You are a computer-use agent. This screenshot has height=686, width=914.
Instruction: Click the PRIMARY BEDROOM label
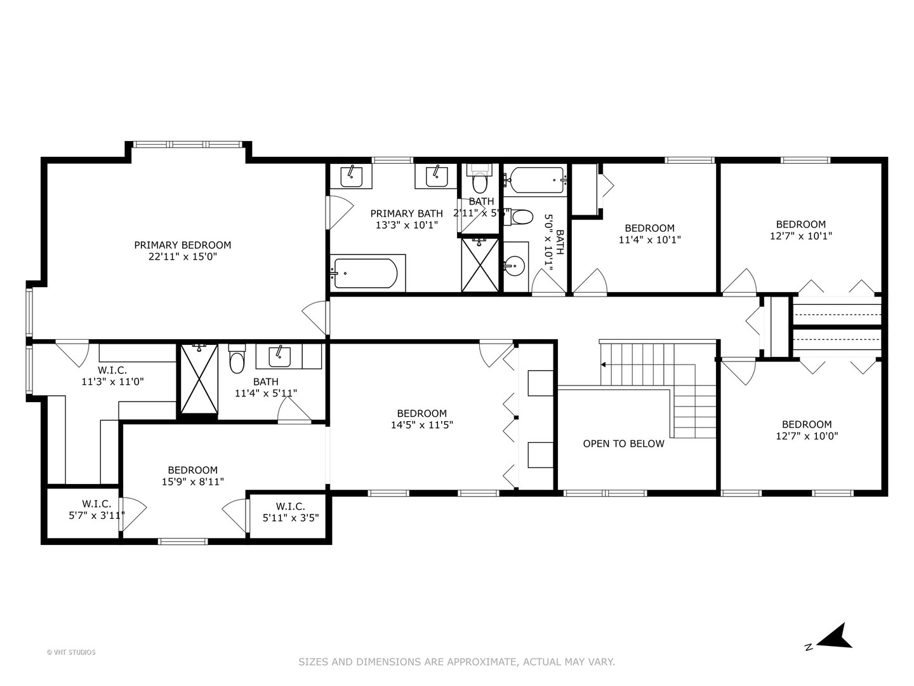coord(182,245)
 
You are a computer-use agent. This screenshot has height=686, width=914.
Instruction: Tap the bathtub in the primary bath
coord(366,273)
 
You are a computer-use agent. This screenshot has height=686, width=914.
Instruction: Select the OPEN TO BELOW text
coord(623,444)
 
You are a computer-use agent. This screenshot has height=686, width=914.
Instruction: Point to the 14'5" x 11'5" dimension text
coord(421,425)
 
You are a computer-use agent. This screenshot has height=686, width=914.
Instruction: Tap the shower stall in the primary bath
coord(480,264)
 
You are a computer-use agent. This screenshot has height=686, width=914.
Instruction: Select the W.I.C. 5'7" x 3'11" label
coord(96,510)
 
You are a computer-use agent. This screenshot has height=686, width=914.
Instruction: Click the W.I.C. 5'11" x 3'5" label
coord(290,512)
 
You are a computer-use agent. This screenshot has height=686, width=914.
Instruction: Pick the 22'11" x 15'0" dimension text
coord(182,257)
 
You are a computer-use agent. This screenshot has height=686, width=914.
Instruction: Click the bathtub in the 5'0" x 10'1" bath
coord(535,180)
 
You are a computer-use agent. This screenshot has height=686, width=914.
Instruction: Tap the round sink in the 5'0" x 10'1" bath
coord(515,266)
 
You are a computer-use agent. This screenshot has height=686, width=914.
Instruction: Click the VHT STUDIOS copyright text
coord(71,652)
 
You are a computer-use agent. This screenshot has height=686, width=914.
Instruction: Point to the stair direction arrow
coord(604,365)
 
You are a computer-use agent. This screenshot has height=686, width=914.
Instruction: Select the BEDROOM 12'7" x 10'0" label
coord(806,430)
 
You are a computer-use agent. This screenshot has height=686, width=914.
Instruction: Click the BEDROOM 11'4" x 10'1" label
coord(649,234)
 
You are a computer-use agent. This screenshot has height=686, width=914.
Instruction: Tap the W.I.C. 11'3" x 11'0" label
coord(112,376)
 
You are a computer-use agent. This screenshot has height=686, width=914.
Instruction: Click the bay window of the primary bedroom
coord(189,145)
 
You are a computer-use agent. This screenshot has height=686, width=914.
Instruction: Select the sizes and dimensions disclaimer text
coord(456,662)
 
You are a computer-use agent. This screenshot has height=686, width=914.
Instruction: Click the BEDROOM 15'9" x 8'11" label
coord(192,476)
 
